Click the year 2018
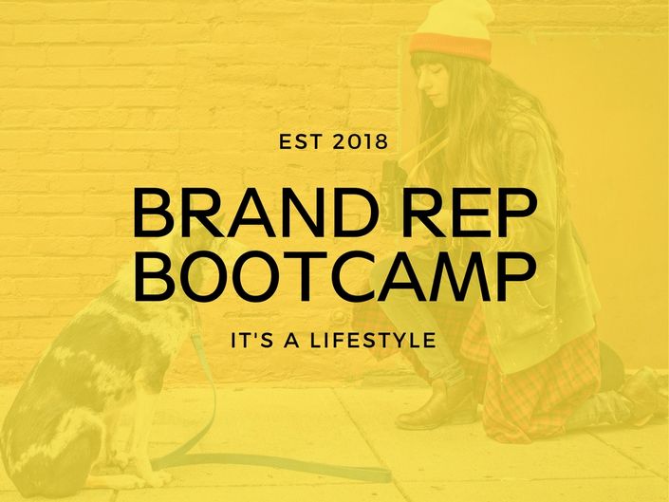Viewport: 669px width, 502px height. pos(360,142)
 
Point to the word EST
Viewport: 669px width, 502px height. pos(300,142)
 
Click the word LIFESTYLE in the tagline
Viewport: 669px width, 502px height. pos(373,341)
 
